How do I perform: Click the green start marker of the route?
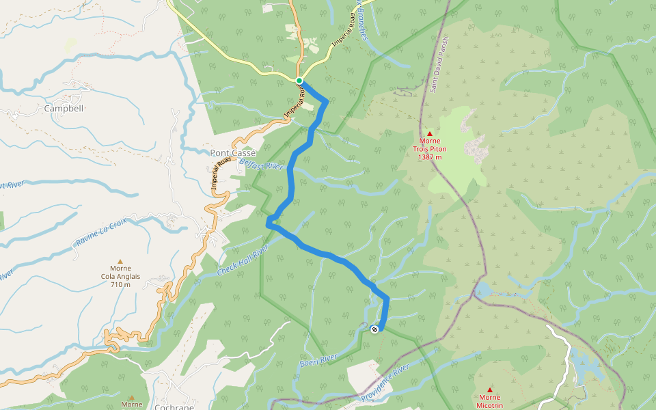[x=299, y=81]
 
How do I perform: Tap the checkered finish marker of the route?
[x=374, y=330]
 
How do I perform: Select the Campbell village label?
[x=64, y=109]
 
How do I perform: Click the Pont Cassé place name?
[x=233, y=153]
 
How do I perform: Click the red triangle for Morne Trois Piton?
[x=430, y=133]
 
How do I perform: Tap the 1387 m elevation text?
[x=430, y=157]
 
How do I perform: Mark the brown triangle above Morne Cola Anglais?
[x=120, y=261]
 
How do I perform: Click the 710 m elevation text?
[x=120, y=285]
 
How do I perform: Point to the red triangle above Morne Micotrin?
[x=489, y=389]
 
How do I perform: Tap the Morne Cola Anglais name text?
[x=120, y=273]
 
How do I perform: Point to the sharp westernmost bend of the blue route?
[x=269, y=220]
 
